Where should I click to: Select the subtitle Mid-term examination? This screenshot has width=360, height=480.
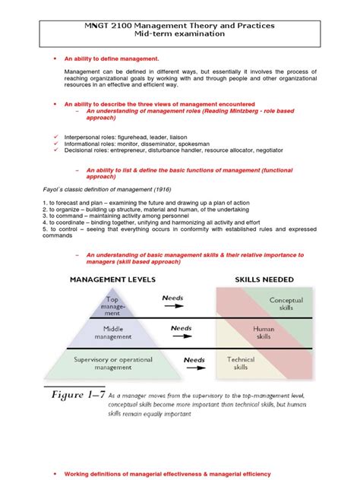181,35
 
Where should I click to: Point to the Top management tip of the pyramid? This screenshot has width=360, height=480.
112,307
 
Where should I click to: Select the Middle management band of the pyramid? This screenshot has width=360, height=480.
112,333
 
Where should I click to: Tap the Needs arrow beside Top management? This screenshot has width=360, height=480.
174,302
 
